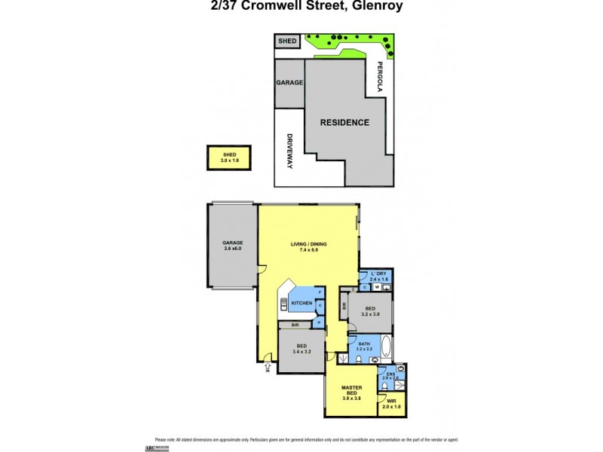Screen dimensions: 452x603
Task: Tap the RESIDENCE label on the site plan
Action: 344,122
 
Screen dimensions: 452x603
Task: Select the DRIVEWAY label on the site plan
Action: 289,151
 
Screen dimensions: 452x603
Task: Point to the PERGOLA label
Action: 380,77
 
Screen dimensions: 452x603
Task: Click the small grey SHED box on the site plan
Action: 287,41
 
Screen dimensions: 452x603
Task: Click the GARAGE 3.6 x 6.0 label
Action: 232,245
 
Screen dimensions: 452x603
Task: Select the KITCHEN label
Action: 301,303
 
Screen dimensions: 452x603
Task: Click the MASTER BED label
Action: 348,392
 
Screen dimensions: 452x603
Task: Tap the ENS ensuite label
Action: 390,374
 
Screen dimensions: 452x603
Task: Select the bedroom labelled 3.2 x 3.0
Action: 370,312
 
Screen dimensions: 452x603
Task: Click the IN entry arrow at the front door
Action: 267,366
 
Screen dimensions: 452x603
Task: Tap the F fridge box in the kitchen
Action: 320,292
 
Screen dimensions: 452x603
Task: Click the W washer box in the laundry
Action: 376,287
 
